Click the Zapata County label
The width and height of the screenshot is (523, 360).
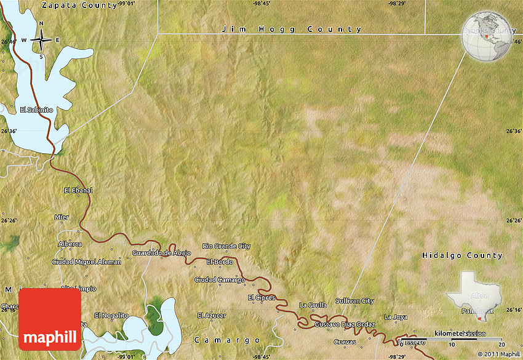(79, 5)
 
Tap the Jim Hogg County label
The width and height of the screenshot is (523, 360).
(292, 29)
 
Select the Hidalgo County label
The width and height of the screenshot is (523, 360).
(462, 255)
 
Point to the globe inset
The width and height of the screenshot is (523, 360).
(488, 35)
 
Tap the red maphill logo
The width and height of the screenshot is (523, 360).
(50, 319)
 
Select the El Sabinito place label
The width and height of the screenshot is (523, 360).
(37, 110)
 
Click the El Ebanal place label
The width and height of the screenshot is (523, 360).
(78, 190)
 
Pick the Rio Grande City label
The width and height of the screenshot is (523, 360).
(226, 246)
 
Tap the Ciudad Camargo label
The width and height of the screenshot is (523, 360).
(220, 280)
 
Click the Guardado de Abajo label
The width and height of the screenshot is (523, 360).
(161, 253)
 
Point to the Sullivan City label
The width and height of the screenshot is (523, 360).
(354, 301)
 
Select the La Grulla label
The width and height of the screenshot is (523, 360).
(312, 305)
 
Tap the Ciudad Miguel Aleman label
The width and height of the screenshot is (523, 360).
(86, 262)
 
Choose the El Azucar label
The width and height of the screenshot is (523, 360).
(212, 315)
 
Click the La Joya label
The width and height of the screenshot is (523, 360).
(396, 317)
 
